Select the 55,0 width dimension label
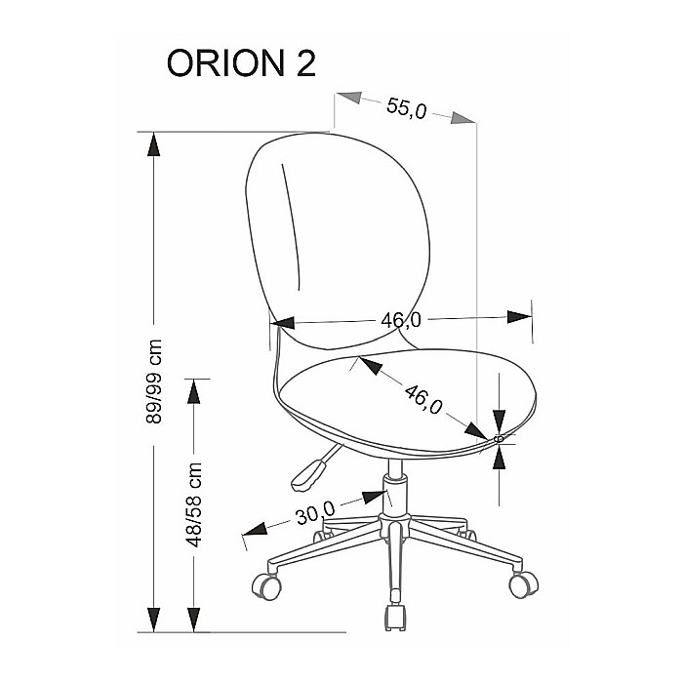[x=406, y=108]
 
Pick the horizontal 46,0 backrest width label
[x=402, y=318]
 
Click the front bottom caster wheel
[x=394, y=616]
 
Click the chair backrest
[x=337, y=234]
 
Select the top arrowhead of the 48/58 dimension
[x=195, y=391]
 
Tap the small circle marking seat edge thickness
[x=500, y=440]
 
